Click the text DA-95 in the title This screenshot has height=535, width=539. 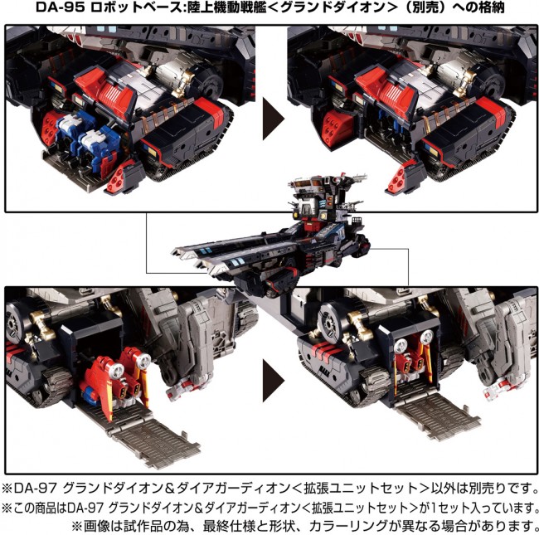[61, 7]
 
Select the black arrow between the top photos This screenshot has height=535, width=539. [274, 119]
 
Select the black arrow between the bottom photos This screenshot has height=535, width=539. [274, 381]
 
